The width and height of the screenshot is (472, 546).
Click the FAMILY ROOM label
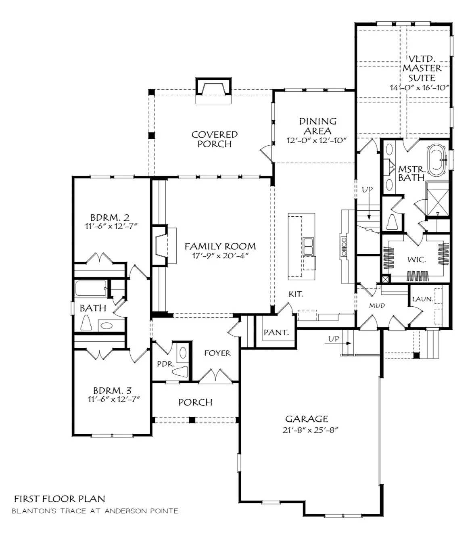click(x=220, y=247)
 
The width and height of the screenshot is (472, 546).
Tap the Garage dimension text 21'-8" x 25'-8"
click(x=310, y=430)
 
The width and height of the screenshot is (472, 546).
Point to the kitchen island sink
click(x=308, y=246)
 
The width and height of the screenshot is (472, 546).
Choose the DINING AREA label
click(x=318, y=126)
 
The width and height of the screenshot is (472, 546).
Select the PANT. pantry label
click(x=276, y=332)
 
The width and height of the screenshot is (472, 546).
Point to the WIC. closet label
click(x=417, y=259)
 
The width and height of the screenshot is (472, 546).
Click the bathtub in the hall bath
click(x=91, y=288)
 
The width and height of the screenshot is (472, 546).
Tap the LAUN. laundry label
click(x=423, y=299)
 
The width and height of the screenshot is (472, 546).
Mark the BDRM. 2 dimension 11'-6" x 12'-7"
click(x=111, y=226)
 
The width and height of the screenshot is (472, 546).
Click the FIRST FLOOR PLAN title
click(x=60, y=499)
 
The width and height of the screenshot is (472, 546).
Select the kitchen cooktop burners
click(x=344, y=246)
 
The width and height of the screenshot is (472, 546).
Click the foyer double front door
click(x=215, y=375)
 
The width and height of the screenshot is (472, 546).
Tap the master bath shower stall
click(x=437, y=199)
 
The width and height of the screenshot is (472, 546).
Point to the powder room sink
click(x=183, y=352)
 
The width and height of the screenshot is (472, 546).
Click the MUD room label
click(x=377, y=305)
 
